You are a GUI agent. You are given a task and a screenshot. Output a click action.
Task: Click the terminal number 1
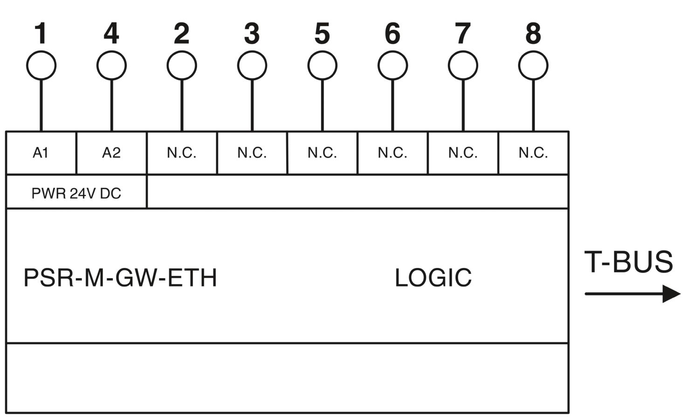41,33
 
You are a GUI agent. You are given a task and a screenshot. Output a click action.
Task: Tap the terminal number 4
111,33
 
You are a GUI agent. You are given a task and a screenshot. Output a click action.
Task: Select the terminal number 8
533,33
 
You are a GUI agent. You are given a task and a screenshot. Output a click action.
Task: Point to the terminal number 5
322,33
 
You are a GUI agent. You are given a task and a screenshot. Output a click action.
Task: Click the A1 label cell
41,153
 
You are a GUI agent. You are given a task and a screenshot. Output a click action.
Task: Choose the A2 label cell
111,153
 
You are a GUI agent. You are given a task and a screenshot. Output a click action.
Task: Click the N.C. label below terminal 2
182,153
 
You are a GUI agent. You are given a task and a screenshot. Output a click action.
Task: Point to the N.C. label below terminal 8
533,153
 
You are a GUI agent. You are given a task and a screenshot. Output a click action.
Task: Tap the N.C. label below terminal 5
322,153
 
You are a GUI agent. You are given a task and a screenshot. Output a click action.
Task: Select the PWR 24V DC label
76,193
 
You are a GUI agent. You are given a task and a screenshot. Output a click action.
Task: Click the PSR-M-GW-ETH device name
120,277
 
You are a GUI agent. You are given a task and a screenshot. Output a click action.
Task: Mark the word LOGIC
433,277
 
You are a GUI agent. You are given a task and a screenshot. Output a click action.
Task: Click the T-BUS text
629,261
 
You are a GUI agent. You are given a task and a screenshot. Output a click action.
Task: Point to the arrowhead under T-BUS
671,294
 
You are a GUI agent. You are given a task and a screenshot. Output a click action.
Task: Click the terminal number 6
392,33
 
